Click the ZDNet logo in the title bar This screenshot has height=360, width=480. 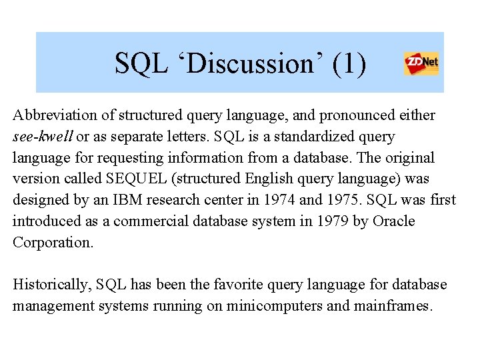(421, 64)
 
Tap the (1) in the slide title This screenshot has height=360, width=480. (348, 64)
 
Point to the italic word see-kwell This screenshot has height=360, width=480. (42, 137)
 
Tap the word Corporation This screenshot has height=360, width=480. (53, 243)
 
